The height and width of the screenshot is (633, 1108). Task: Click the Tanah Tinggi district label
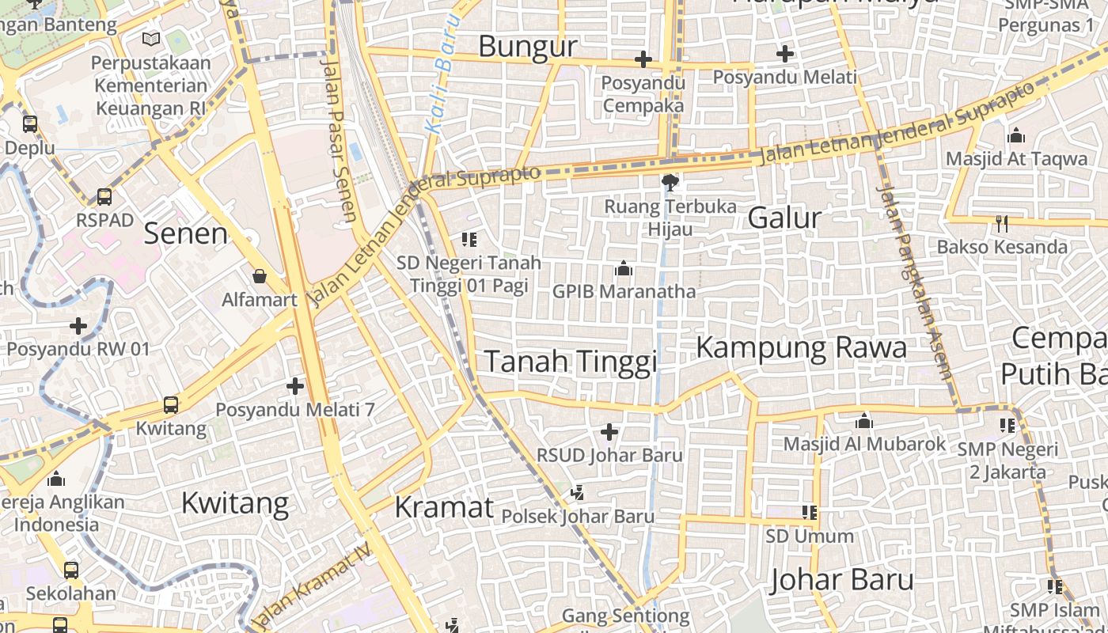[571, 362]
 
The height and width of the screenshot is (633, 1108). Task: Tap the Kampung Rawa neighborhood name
[801, 347]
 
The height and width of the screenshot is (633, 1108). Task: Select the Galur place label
[784, 218]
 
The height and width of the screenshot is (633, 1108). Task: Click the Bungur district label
[528, 47]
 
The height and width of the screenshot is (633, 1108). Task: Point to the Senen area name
[186, 233]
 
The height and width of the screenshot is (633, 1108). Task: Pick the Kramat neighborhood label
[444, 507]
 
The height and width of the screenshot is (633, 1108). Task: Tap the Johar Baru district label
[841, 580]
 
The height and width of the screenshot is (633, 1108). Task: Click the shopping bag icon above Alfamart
[259, 276]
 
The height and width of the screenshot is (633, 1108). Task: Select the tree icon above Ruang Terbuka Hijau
[670, 184]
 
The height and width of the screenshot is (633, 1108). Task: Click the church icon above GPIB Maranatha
[624, 269]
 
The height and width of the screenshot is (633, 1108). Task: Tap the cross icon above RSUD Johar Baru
[609, 432]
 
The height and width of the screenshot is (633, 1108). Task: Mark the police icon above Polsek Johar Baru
[577, 493]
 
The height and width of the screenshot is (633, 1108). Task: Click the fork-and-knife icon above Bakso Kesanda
[1002, 224]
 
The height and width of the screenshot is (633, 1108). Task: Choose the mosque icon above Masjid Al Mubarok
[864, 421]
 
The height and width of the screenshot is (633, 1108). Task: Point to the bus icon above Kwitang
[170, 405]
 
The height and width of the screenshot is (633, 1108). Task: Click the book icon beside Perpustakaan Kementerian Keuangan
[151, 38]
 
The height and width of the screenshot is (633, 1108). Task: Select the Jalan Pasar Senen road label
[339, 138]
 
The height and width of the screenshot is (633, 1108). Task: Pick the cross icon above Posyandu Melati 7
[295, 386]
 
